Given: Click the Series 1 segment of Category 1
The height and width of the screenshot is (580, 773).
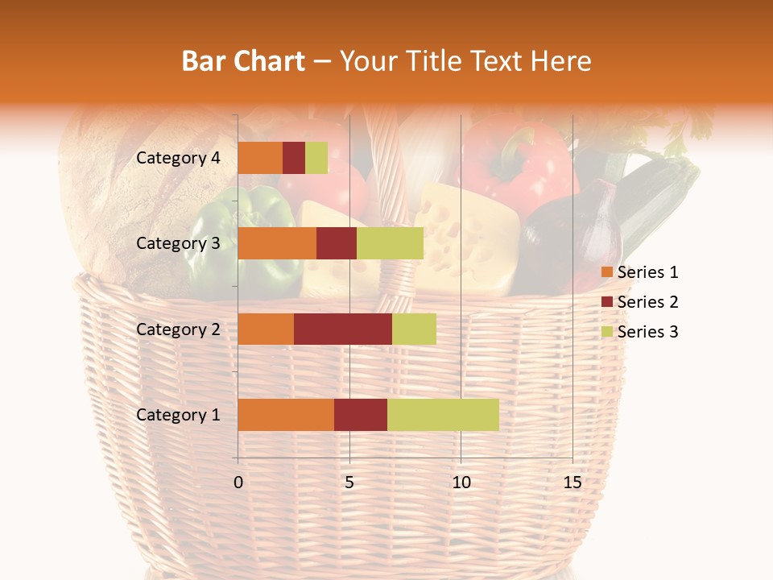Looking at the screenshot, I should (286, 415).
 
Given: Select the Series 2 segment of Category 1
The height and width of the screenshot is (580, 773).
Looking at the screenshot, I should (361, 415).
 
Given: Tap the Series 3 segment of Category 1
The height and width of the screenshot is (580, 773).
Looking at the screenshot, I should (443, 415).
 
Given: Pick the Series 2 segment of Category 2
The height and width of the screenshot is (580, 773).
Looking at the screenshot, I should (343, 329).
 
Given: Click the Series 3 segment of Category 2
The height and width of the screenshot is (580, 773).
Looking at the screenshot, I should (414, 329).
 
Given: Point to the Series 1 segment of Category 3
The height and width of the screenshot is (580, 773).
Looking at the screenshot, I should (277, 243).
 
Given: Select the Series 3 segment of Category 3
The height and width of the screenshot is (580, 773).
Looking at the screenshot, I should (390, 243).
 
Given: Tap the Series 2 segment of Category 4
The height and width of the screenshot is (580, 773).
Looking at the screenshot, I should (294, 158).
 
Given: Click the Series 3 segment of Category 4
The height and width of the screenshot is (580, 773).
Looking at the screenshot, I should (316, 158).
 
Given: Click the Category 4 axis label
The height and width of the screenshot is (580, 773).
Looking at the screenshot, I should (178, 158).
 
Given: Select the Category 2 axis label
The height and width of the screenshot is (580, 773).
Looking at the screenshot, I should (178, 329).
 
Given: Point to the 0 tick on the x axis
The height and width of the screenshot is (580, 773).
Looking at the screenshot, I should (238, 483).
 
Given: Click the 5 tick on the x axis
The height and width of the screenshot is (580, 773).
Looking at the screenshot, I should (349, 483).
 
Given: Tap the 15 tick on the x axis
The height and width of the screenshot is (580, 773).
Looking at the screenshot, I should (572, 483).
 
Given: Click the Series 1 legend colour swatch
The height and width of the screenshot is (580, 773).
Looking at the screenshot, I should (606, 272).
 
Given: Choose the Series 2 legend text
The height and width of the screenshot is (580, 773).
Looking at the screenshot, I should (647, 302).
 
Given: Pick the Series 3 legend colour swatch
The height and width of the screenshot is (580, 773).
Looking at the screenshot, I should (606, 332).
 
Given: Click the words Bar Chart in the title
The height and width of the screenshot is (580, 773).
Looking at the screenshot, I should (243, 61).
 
